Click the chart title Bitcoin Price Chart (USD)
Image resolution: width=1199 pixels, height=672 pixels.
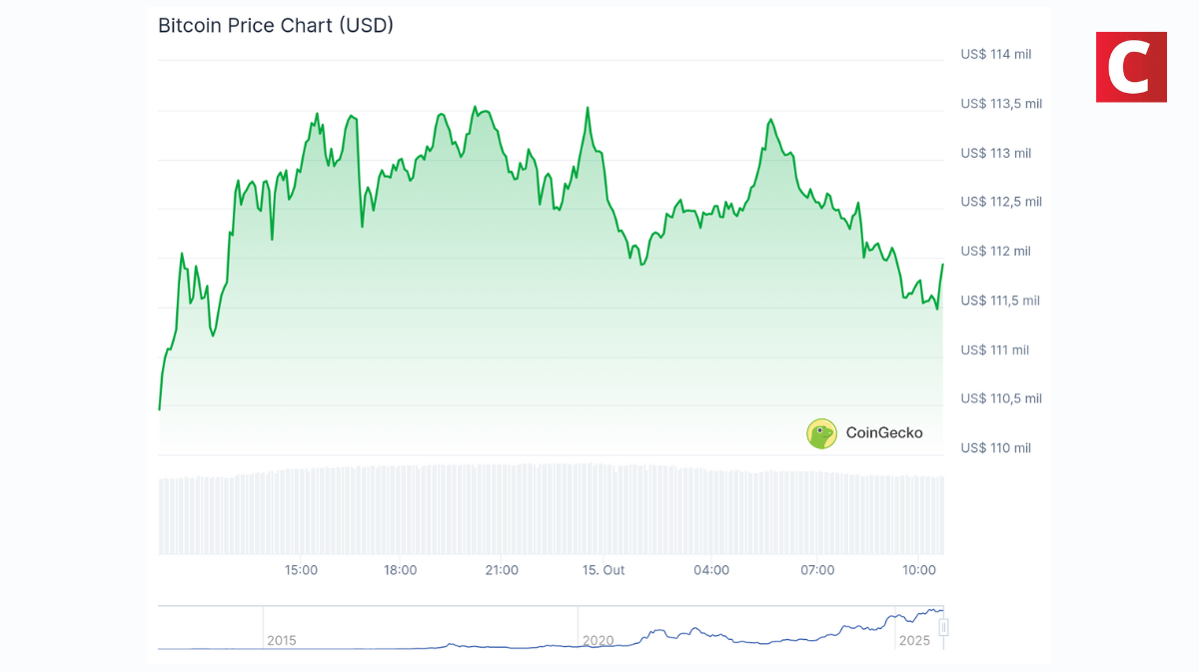(276, 26)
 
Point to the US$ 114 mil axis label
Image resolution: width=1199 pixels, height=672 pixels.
(995, 54)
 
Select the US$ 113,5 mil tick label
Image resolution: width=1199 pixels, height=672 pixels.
(1000, 103)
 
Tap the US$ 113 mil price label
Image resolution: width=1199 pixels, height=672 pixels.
(995, 153)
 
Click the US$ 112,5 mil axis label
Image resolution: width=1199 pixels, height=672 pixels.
(1000, 202)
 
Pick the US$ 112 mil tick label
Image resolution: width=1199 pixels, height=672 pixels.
(995, 252)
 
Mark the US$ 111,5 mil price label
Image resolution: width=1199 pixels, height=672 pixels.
(1000, 301)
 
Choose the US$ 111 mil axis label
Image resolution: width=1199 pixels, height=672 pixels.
(994, 349)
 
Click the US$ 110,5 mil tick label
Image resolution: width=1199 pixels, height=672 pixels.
(1000, 398)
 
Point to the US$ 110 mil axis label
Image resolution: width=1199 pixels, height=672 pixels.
(995, 448)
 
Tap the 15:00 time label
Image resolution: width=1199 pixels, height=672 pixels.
(301, 570)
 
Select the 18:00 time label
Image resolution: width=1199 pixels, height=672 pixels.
(401, 570)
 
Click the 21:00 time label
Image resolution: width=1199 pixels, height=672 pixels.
(502, 570)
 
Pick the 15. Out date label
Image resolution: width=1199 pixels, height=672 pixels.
(603, 570)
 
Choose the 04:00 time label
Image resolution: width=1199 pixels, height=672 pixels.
(711, 570)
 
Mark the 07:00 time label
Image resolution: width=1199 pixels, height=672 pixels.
(817, 570)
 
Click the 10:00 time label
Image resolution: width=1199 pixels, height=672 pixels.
(919, 570)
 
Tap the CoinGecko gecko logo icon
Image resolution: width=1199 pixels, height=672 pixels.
(821, 433)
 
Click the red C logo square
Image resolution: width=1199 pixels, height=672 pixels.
(1131, 67)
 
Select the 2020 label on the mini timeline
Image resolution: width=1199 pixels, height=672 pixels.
(598, 640)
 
